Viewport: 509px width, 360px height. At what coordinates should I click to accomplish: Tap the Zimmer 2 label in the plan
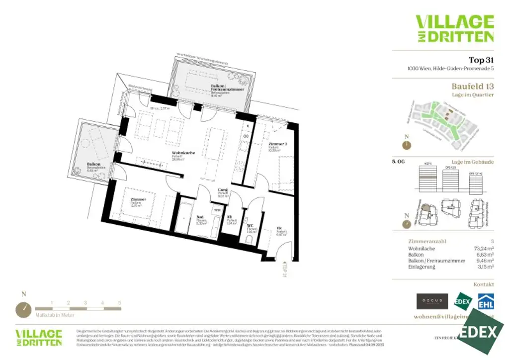tap(277, 144)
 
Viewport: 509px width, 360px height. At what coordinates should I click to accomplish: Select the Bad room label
tap(200, 217)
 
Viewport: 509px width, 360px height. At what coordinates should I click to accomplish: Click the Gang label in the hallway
tap(223, 190)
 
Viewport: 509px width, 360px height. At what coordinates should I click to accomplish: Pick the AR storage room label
tap(230, 217)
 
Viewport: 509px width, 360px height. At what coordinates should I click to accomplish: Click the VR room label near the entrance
tap(279, 229)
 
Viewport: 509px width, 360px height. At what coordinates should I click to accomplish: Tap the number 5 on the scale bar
tap(119, 302)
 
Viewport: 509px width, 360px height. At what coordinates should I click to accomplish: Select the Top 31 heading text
tap(481, 60)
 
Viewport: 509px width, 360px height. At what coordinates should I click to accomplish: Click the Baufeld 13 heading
tap(472, 87)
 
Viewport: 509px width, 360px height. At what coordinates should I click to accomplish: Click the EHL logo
tap(485, 301)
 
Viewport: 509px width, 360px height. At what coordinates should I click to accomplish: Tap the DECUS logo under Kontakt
tap(432, 301)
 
